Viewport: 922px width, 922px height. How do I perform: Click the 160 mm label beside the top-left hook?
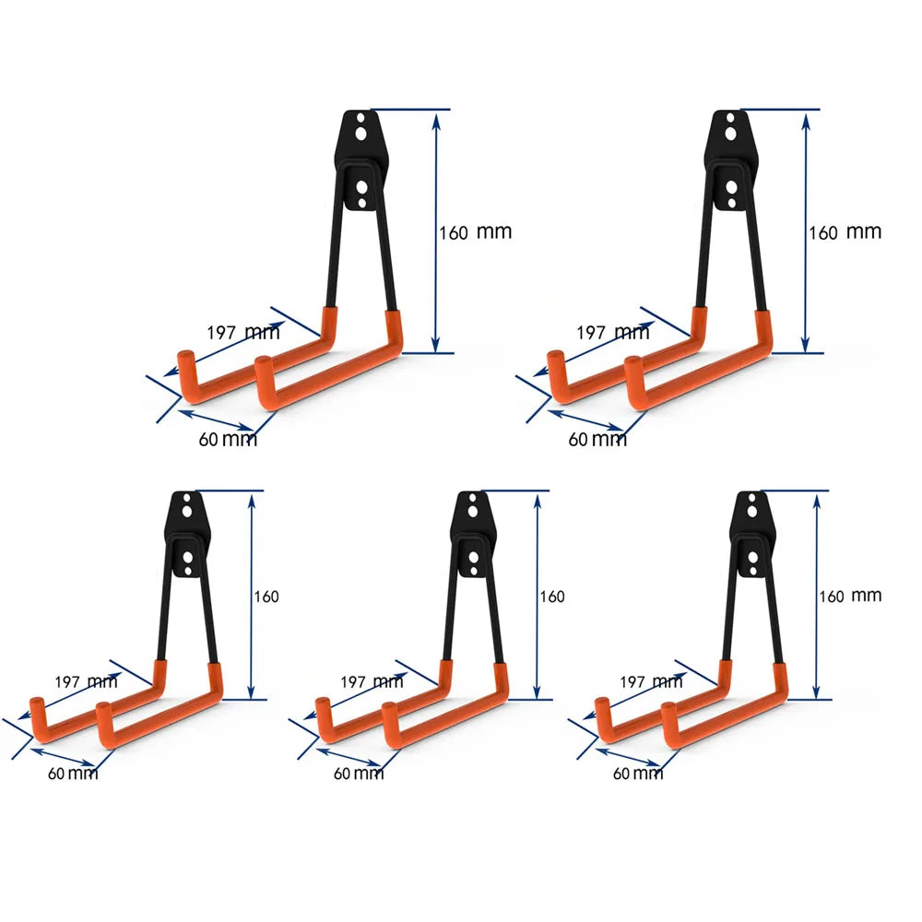(475, 232)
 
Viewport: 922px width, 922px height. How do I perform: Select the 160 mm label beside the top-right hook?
(845, 232)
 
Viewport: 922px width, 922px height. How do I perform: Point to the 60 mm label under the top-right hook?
(597, 440)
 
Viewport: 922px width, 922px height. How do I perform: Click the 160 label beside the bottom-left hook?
(266, 597)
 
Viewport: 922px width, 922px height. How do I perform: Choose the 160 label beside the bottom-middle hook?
(551, 597)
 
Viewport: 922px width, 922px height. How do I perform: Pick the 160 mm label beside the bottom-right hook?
(849, 597)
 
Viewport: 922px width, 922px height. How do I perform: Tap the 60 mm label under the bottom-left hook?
(73, 773)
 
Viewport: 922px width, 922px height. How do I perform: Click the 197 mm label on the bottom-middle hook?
(372, 682)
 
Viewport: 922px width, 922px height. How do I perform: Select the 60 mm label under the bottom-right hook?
(638, 774)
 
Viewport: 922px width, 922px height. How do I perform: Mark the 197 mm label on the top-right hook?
(613, 332)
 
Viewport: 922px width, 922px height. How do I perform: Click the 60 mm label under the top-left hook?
(228, 440)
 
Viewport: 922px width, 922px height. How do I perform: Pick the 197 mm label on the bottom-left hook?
(86, 682)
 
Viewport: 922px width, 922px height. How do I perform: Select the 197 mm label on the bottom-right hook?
(651, 682)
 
